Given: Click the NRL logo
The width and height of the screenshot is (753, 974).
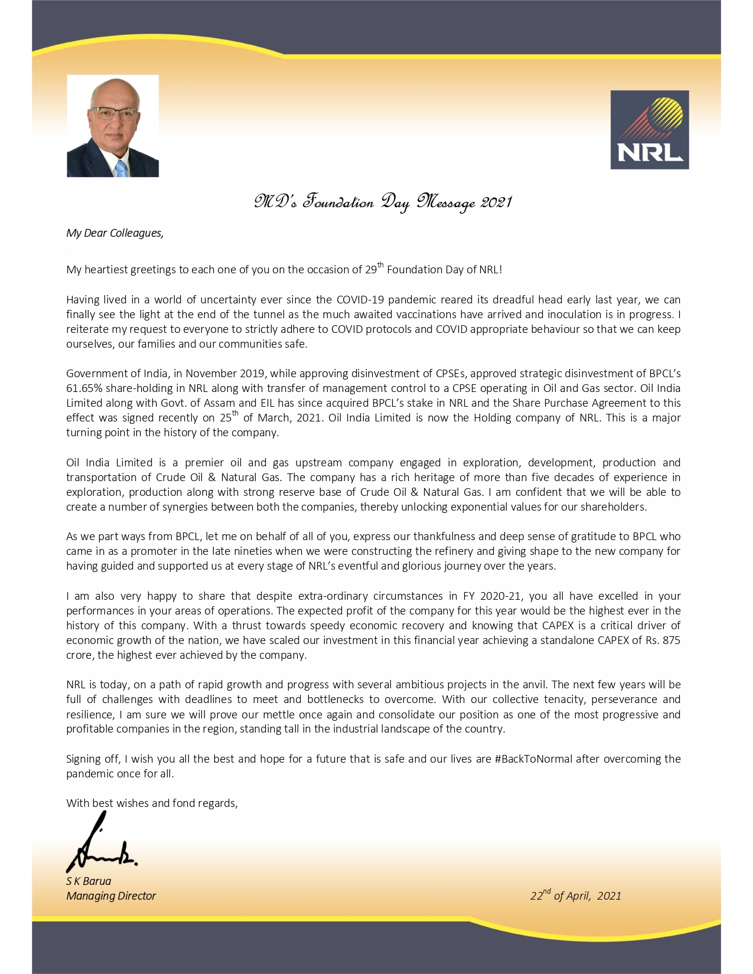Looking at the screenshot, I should (x=649, y=129).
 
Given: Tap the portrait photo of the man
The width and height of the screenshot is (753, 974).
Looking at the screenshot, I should (x=113, y=126).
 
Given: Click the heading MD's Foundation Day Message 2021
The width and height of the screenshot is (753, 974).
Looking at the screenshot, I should (x=383, y=202).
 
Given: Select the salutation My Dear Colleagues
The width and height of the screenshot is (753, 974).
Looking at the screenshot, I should (x=115, y=233).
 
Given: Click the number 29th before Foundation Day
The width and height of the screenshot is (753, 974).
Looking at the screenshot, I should (x=373, y=269).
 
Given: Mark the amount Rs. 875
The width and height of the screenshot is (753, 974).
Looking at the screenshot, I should (x=662, y=640).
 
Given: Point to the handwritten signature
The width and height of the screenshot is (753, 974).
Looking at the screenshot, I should (x=100, y=844).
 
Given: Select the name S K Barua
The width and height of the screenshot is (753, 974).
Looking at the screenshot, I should (x=89, y=881).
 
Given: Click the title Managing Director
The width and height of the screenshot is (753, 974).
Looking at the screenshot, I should (x=111, y=896).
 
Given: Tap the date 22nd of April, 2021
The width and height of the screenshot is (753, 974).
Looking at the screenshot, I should (x=575, y=895).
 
